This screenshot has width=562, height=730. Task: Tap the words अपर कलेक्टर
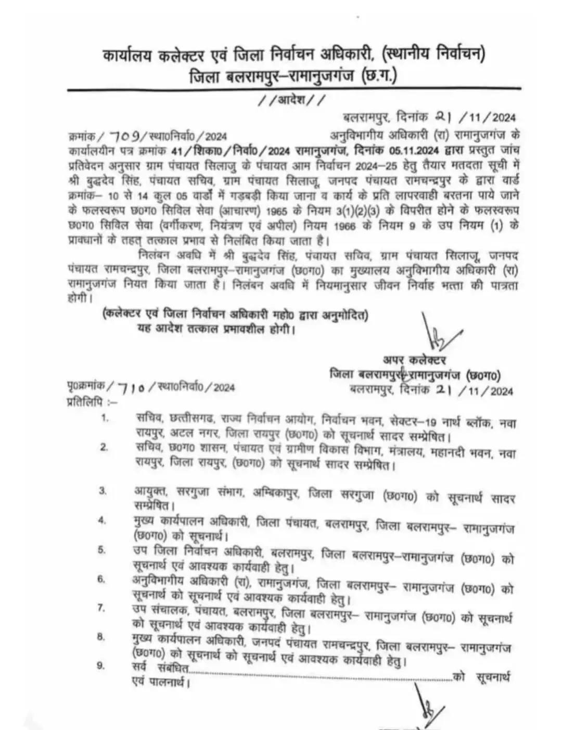pyautogui.click(x=414, y=360)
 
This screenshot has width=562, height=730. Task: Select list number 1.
pyautogui.click(x=105, y=418)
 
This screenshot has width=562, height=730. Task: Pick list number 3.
pyautogui.click(x=103, y=490)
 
